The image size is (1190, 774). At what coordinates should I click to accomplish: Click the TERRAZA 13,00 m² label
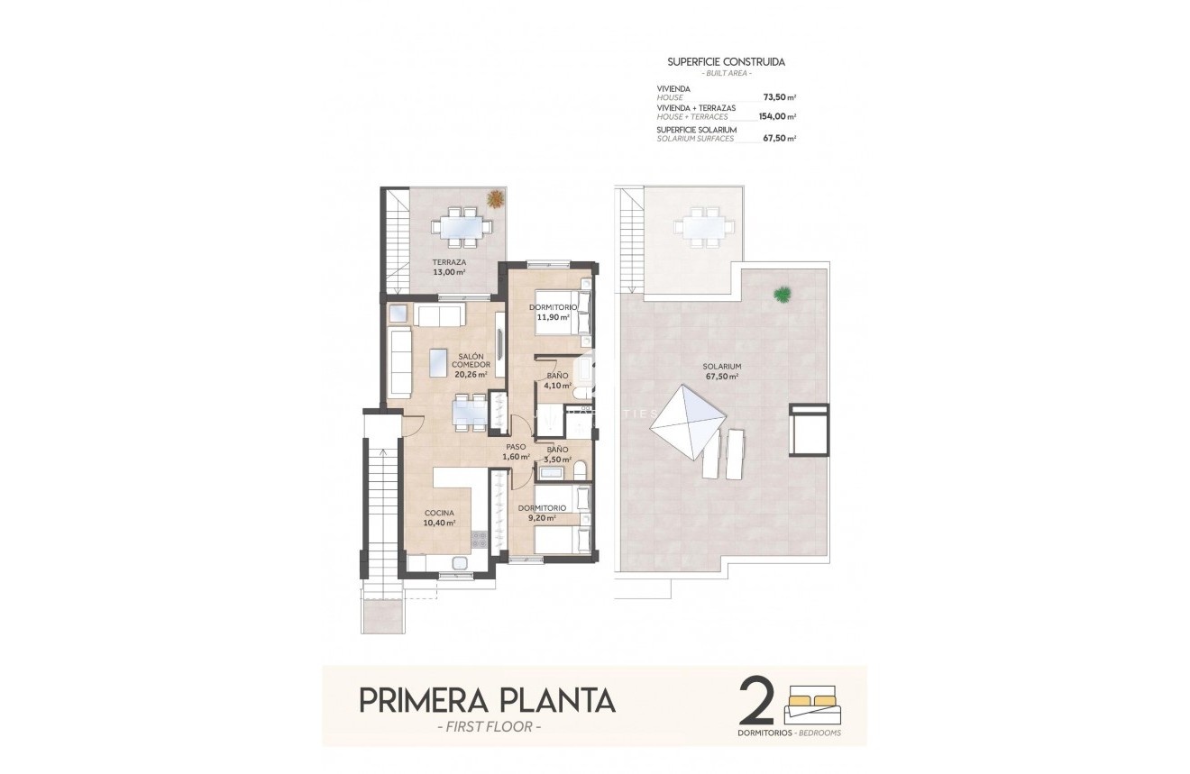448,267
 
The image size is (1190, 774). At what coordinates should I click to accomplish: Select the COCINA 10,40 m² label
439,517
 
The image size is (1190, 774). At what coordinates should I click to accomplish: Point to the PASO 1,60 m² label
516,451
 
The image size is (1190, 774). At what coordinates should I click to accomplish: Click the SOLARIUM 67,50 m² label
722,371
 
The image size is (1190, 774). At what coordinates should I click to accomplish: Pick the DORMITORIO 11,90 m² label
554,312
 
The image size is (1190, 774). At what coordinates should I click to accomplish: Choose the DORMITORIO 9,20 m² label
542,513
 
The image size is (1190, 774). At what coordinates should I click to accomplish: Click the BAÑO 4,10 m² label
557,380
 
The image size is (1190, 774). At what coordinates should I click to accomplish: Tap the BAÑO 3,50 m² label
557,453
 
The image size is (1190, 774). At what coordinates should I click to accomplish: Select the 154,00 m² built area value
776,116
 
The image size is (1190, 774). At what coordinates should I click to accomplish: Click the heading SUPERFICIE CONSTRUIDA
726,62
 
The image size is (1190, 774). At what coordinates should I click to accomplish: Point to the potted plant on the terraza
494,198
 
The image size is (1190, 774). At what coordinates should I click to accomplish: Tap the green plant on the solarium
783,294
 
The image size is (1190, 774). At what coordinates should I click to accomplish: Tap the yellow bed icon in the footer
813,701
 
